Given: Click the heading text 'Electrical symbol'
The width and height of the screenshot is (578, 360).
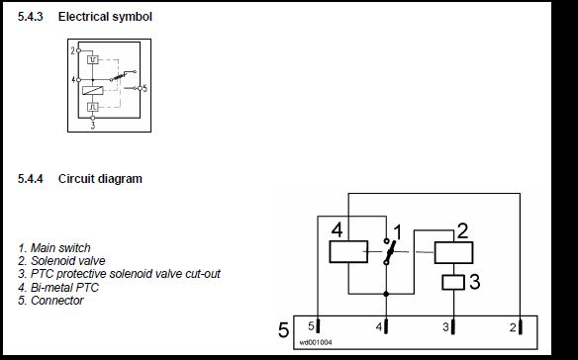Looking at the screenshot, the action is pyautogui.click(x=105, y=17).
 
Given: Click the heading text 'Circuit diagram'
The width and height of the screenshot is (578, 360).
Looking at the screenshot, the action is pyautogui.click(x=100, y=179).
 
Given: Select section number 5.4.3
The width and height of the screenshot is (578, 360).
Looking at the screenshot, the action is pyautogui.click(x=31, y=17).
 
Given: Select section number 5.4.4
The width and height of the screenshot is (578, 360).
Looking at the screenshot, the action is pyautogui.click(x=31, y=179).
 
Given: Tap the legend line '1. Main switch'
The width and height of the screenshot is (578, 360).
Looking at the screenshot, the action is pyautogui.click(x=54, y=248).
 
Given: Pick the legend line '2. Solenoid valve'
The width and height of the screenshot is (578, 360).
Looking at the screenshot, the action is pyautogui.click(x=61, y=261).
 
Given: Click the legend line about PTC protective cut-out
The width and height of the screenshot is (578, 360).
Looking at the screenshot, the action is pyautogui.click(x=119, y=274).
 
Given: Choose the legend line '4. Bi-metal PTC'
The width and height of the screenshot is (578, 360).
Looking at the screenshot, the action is pyautogui.click(x=58, y=288).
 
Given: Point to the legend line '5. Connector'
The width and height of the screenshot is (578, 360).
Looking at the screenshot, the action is pyautogui.click(x=50, y=301).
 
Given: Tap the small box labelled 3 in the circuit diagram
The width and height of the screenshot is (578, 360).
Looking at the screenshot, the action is pyautogui.click(x=453, y=282).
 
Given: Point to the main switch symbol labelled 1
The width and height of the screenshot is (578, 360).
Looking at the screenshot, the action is pyautogui.click(x=389, y=252).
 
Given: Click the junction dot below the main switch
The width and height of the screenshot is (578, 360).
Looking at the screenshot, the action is pyautogui.click(x=386, y=294).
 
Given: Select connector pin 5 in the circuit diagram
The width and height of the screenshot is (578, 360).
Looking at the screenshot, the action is pyautogui.click(x=318, y=326).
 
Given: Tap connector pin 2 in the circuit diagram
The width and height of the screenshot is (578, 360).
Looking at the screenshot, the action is pyautogui.click(x=521, y=327).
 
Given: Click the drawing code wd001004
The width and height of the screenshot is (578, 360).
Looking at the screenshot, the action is pyautogui.click(x=316, y=342).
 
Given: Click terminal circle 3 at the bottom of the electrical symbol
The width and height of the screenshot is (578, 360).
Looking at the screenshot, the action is pyautogui.click(x=92, y=118).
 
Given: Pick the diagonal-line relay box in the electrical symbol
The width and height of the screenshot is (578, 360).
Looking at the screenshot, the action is pyautogui.click(x=92, y=90).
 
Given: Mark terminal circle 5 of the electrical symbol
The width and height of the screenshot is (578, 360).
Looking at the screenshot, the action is pyautogui.click(x=140, y=88).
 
